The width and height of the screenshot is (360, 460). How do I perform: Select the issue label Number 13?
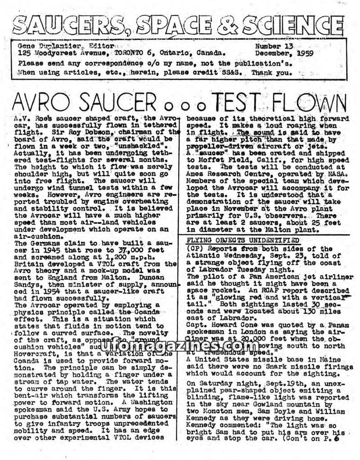tap(275, 46)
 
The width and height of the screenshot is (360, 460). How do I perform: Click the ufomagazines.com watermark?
tap(180, 345)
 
